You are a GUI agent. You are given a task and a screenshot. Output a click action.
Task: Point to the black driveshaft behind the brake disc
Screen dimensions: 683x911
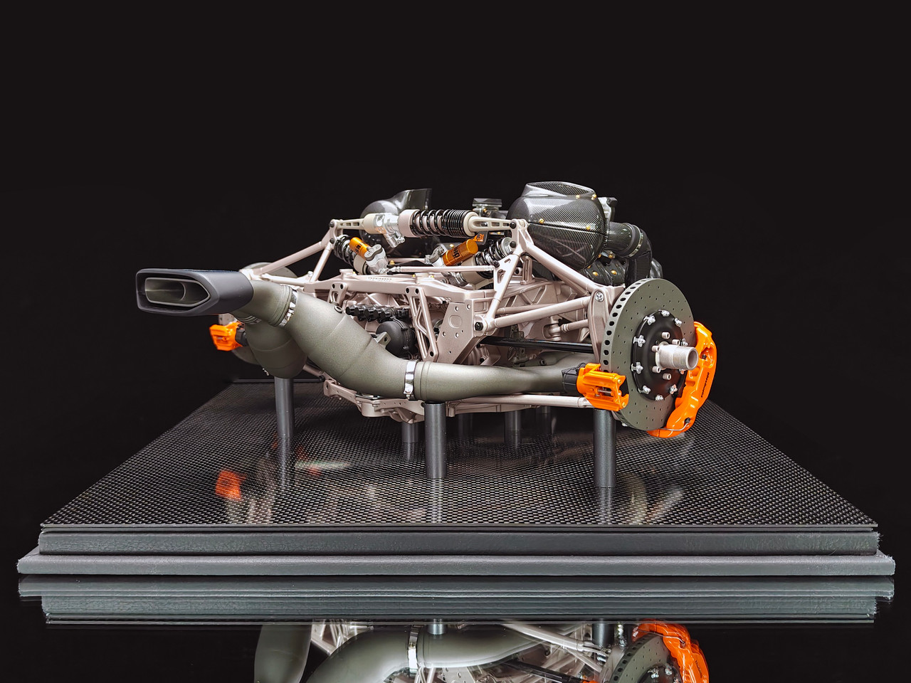(x=541, y=346)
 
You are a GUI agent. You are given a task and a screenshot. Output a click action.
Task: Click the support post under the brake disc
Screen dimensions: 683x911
(x=603, y=448)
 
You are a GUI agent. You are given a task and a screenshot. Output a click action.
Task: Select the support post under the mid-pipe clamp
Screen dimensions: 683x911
(x=434, y=441)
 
